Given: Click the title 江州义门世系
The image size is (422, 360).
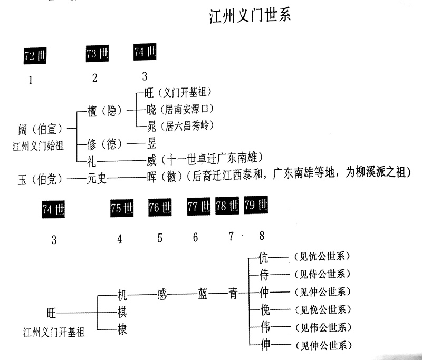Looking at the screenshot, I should [x=250, y=16].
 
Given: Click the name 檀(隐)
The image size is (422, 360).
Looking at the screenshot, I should [x=104, y=111].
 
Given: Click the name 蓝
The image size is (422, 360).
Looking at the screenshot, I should [x=203, y=293].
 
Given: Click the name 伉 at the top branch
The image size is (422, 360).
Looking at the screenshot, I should [x=264, y=257].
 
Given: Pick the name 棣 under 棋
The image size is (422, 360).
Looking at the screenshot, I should [x=121, y=330].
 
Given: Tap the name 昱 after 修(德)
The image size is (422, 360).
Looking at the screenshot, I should [x=151, y=142].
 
